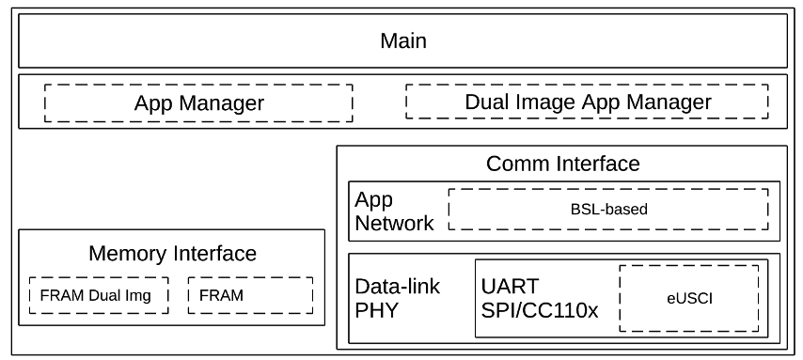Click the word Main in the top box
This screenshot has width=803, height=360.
coord(402,40)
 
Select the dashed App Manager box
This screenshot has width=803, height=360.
coord(198,102)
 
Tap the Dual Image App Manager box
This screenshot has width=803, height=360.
coord(588,102)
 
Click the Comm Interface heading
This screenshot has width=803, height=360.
coord(562,164)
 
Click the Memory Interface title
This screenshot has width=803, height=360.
coord(172,253)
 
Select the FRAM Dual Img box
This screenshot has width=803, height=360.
coord(98,294)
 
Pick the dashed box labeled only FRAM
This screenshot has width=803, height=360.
coord(249,294)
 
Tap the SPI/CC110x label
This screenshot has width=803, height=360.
coord(539,309)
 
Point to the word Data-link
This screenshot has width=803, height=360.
coord(396,285)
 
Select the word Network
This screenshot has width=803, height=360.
coord(394,223)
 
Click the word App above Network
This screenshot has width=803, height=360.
coord(373,199)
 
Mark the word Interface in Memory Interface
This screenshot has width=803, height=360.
coord(214,253)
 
